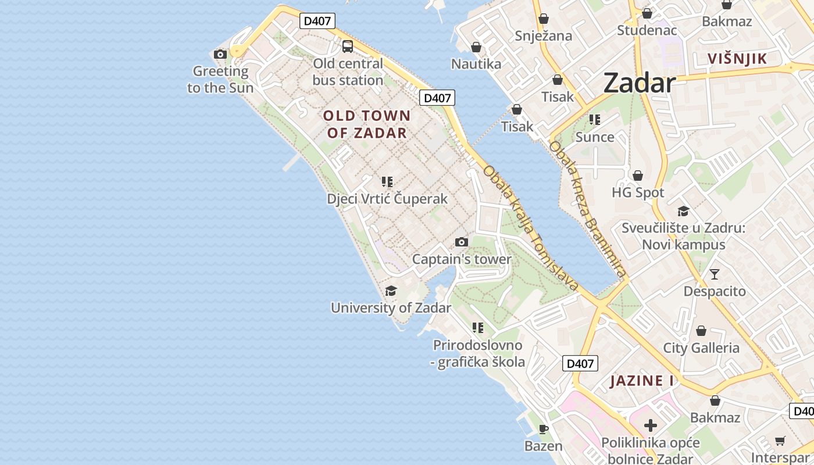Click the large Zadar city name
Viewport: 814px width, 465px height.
639,83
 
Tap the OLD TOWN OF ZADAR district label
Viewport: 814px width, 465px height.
367,124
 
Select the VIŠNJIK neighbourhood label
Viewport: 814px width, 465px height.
737,58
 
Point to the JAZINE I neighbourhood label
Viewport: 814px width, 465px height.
642,381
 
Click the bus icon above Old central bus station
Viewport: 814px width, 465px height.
348,46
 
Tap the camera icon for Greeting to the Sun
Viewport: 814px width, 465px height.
220,54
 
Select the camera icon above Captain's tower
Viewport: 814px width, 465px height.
462,242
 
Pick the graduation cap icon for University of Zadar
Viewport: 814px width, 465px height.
391,291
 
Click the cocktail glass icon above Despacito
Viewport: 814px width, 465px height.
715,274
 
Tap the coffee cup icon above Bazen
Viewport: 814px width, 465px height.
544,430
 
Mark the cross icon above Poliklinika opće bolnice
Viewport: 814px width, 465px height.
651,425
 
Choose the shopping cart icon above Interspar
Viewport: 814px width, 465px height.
780,441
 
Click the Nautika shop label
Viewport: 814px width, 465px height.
476,64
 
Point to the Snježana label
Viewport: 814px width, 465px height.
544,36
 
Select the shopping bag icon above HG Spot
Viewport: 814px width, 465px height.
638,176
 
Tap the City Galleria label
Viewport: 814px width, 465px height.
701,348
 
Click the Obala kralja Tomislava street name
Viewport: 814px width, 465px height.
531,228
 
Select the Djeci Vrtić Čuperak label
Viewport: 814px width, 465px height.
387,199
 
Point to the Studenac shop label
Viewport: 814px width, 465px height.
647,30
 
